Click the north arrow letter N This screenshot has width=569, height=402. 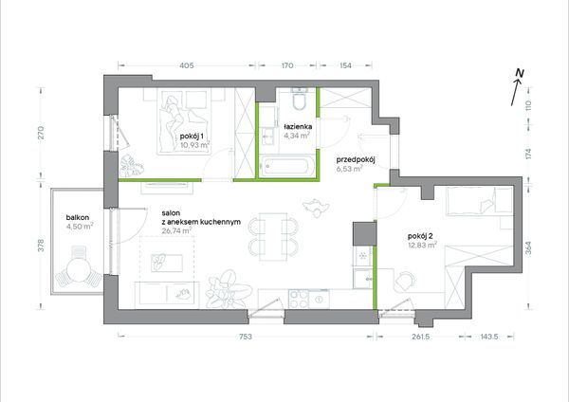520,73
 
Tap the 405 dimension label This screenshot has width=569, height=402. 187,65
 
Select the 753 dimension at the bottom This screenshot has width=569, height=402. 246,337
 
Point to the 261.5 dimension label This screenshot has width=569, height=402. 420,337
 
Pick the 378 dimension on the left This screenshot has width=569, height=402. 41,246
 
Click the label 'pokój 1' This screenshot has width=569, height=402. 192,137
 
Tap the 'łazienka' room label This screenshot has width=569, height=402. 298,127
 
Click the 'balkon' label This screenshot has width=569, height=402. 78,218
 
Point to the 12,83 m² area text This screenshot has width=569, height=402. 422,246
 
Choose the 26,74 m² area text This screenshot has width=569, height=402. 176,230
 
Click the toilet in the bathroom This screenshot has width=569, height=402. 300,99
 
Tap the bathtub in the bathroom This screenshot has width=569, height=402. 285,167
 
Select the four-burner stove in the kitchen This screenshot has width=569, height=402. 299,299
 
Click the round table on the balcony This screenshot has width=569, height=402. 79,270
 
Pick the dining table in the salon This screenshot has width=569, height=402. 273,237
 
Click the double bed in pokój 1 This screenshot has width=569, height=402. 184,120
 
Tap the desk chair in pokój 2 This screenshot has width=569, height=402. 405,282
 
